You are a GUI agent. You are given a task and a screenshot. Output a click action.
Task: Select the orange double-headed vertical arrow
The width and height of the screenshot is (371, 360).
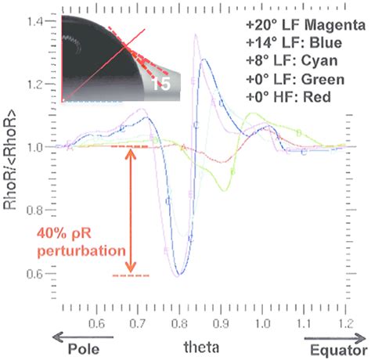coord(131,211)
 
